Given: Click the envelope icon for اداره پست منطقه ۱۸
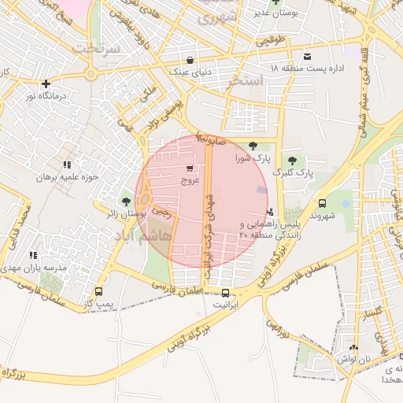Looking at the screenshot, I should coord(307,56).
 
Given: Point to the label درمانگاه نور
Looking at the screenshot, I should coord(46,95).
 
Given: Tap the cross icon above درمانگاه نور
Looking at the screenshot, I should coord(46,83).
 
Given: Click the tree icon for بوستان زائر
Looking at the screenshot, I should coord(127,201).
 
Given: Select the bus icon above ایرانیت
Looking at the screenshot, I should coord(227,292).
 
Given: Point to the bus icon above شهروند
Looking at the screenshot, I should coord(322,202).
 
